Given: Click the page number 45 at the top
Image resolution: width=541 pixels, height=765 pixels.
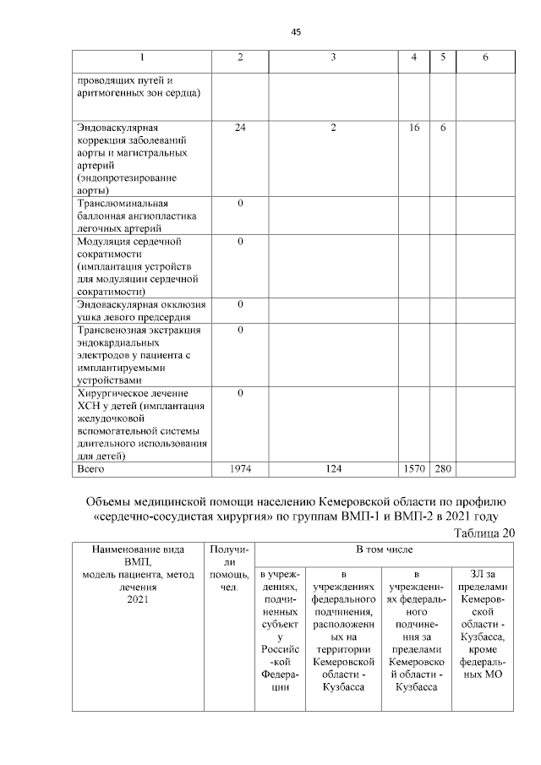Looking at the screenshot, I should click(296, 32).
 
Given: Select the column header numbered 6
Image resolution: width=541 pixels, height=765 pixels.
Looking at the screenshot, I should click(484, 57).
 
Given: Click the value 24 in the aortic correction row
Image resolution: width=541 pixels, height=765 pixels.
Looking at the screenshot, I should click(240, 127).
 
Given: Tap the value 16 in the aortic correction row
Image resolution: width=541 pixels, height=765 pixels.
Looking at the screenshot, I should click(414, 127).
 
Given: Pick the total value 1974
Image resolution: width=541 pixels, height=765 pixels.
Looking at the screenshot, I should click(240, 467).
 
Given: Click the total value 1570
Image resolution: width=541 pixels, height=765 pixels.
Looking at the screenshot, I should click(414, 467).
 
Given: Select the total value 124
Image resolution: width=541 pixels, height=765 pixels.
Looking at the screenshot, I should click(334, 467).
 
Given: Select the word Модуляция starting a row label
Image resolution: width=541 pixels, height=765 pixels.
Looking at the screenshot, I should click(107, 242).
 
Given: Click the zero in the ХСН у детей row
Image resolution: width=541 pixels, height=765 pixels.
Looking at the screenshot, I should click(240, 393).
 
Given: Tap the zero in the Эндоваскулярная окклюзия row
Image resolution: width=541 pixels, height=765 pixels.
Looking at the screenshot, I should click(240, 303).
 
